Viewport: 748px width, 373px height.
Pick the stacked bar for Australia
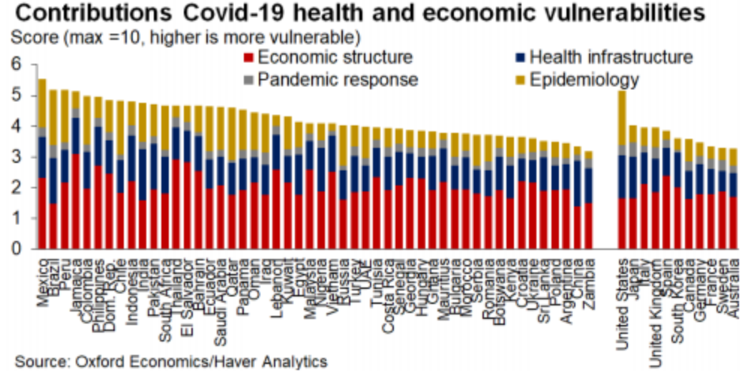pyautogui.click(x=733, y=199)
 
